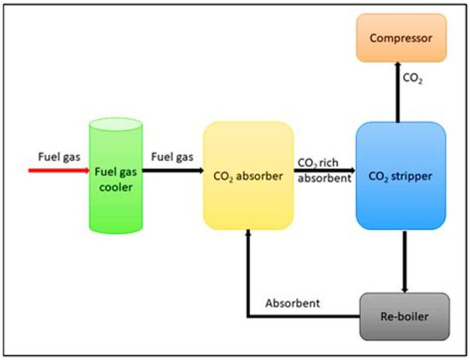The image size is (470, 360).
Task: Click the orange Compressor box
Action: click(x=401, y=38)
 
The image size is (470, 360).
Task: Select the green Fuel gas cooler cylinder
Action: click(x=115, y=196)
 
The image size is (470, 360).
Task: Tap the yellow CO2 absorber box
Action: click(x=248, y=175)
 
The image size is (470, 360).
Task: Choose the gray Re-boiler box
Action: click(x=405, y=316)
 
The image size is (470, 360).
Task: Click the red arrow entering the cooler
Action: click(x=59, y=171)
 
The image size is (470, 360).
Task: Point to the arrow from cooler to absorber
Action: click(x=172, y=171)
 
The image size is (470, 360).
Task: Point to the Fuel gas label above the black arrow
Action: click(x=172, y=157)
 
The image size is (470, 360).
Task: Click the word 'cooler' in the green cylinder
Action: click(x=115, y=187)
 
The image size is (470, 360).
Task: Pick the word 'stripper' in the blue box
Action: click(x=416, y=175)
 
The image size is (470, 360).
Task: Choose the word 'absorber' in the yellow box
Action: click(x=261, y=175)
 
